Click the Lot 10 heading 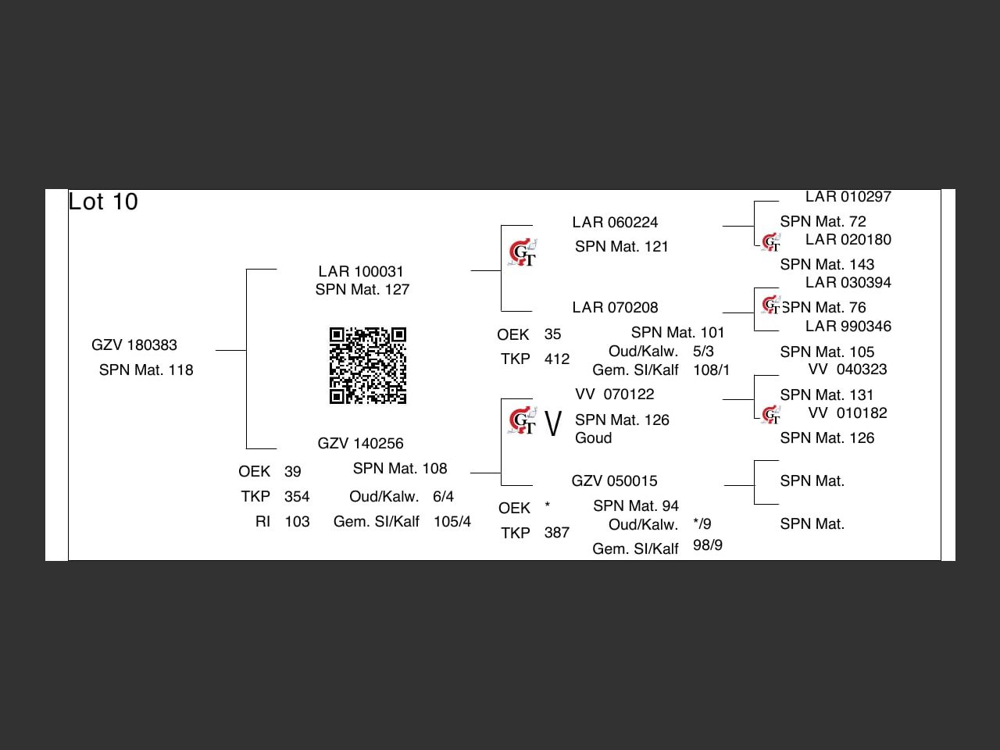[103, 202]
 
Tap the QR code [368, 366]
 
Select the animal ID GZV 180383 [134, 345]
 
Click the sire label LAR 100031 [361, 272]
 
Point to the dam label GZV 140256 [360, 444]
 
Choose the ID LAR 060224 [615, 223]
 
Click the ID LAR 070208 [615, 308]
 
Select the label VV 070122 [615, 395]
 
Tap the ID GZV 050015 [614, 481]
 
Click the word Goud [593, 438]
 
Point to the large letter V [553, 424]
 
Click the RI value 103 [297, 522]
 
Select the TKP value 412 [557, 359]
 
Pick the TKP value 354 [297, 497]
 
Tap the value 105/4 [452, 522]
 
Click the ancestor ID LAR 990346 [848, 327]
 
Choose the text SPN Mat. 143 [827, 265]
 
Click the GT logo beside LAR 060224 [522, 253]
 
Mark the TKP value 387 [557, 533]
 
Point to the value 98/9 [708, 545]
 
